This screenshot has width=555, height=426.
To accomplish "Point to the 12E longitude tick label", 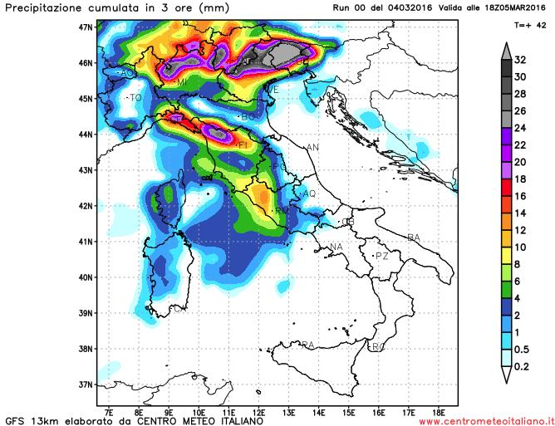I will click(259, 410).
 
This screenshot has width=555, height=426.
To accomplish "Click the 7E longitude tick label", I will click(109, 410).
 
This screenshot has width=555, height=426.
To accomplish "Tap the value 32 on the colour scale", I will click(520, 60).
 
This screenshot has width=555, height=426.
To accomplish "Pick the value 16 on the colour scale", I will click(520, 196).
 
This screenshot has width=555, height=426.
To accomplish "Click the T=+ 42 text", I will click(530, 26).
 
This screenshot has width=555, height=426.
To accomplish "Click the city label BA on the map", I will click(414, 238).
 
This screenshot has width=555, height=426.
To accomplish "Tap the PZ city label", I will click(382, 257).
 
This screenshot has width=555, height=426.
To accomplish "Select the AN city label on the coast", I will click(313, 148).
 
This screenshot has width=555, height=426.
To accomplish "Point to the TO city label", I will click(136, 98).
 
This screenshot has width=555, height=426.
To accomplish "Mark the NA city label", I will click(336, 247).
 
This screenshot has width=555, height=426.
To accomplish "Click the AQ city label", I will click(310, 193).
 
